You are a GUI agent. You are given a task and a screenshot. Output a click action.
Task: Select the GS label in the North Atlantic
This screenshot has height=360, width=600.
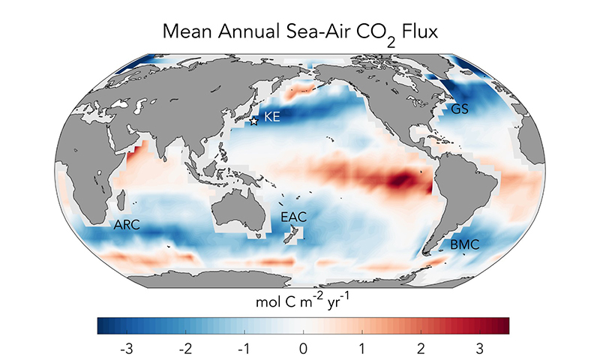[460, 109]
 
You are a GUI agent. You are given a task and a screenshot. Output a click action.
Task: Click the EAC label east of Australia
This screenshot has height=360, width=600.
[292, 217]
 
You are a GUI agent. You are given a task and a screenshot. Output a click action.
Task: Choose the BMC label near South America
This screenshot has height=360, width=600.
[465, 245]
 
